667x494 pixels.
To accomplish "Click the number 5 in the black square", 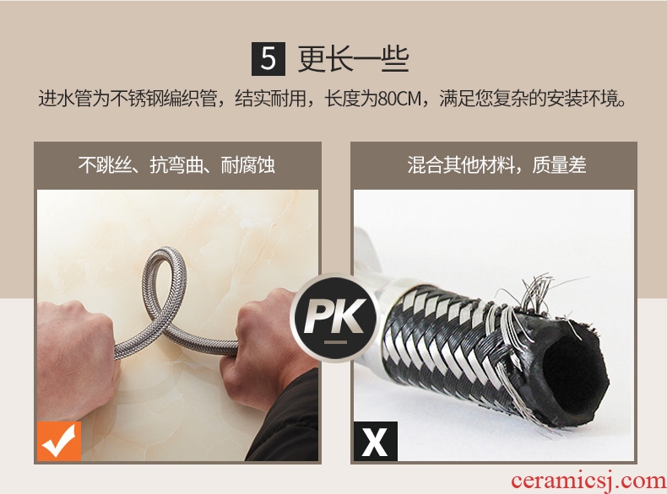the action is (x=268, y=59).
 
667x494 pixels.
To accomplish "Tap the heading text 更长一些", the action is (x=353, y=59).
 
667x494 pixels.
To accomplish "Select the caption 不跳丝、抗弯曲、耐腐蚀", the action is (x=176, y=165).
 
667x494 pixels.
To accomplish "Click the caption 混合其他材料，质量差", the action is (x=496, y=165).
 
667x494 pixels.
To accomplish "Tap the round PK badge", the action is (x=334, y=317).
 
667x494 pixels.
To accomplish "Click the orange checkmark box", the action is (x=59, y=442).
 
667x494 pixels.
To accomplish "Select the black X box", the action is (x=375, y=442).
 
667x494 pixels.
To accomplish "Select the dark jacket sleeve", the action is (x=290, y=421).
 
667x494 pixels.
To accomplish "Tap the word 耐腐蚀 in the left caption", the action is (x=247, y=165).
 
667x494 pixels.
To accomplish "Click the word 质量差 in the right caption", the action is (x=559, y=165).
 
